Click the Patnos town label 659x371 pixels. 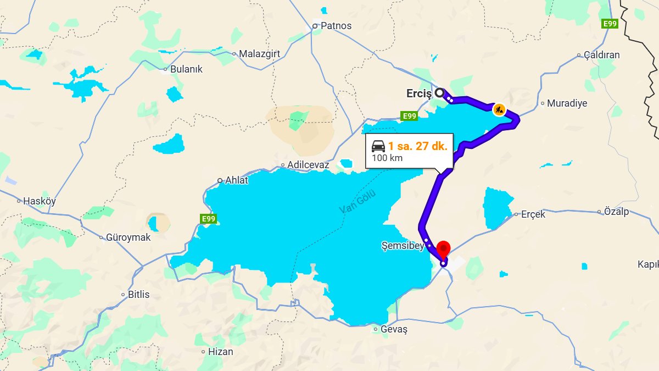pyautogui.click(x=336, y=26)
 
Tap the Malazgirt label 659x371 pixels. pyautogui.click(x=260, y=54)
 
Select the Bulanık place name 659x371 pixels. pyautogui.click(x=186, y=69)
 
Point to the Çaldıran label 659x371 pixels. pyautogui.click(x=601, y=55)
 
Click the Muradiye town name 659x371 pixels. pyautogui.click(x=567, y=103)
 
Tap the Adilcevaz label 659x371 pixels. pyautogui.click(x=308, y=165)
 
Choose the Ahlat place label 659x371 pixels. pyautogui.click(x=236, y=180)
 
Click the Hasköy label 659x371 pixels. pyautogui.click(x=39, y=201)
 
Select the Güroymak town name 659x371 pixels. pyautogui.click(x=129, y=238)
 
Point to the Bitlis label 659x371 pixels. pyautogui.click(x=138, y=295)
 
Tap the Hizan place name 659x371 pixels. pyautogui.click(x=220, y=352)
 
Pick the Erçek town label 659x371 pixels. pyautogui.click(x=533, y=214)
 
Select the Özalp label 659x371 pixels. pyautogui.click(x=616, y=212)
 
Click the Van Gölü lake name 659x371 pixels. pyautogui.click(x=358, y=201)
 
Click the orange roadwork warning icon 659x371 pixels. pyautogui.click(x=499, y=109)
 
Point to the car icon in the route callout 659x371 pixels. pyautogui.click(x=378, y=146)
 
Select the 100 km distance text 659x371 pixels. pyautogui.click(x=387, y=158)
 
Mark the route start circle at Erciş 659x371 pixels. pyautogui.click(x=439, y=93)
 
